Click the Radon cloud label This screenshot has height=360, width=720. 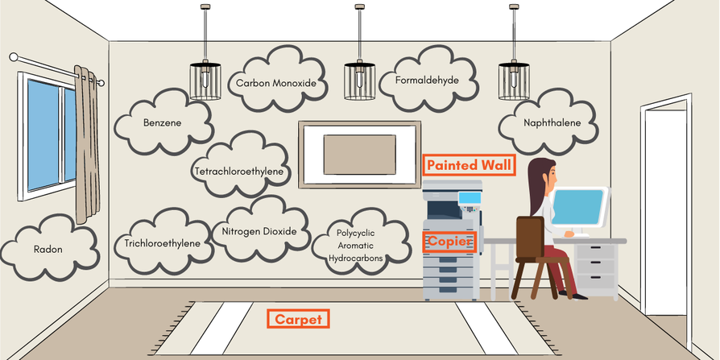pyautogui.click(x=48, y=248)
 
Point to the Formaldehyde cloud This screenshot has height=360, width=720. pyautogui.click(x=427, y=81)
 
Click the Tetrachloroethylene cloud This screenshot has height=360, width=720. pyautogui.click(x=241, y=171)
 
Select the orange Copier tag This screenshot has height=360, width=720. pyautogui.click(x=450, y=242)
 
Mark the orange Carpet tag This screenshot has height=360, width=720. pyautogui.click(x=298, y=320)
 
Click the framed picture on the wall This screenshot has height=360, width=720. pyautogui.click(x=359, y=153)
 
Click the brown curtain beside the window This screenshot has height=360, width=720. pyautogui.click(x=86, y=145)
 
